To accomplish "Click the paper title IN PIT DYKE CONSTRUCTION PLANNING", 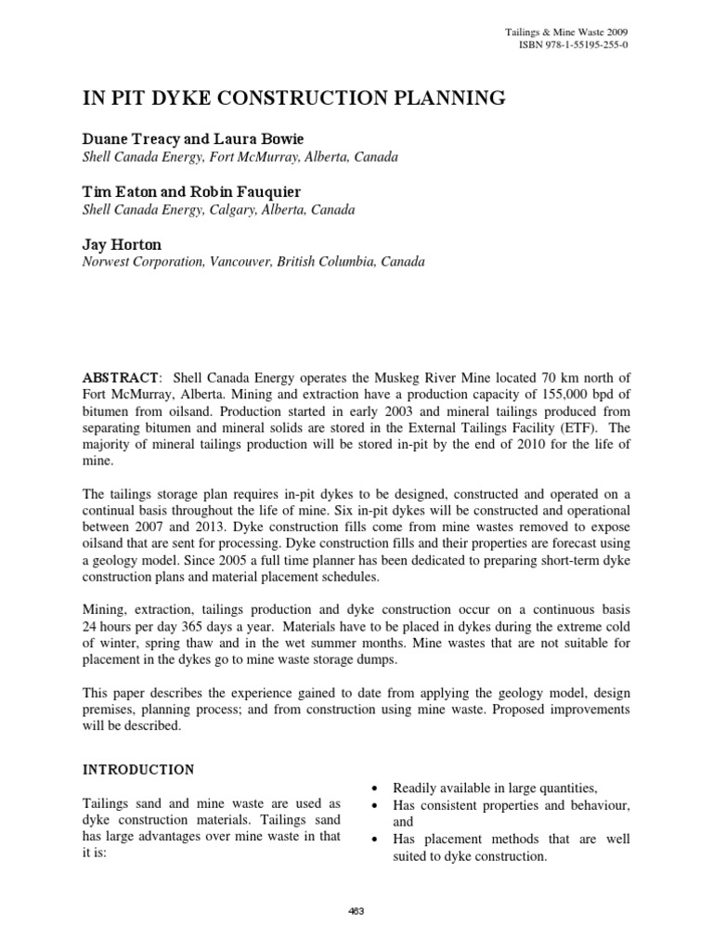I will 296,97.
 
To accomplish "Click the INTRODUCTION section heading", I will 139,770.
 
